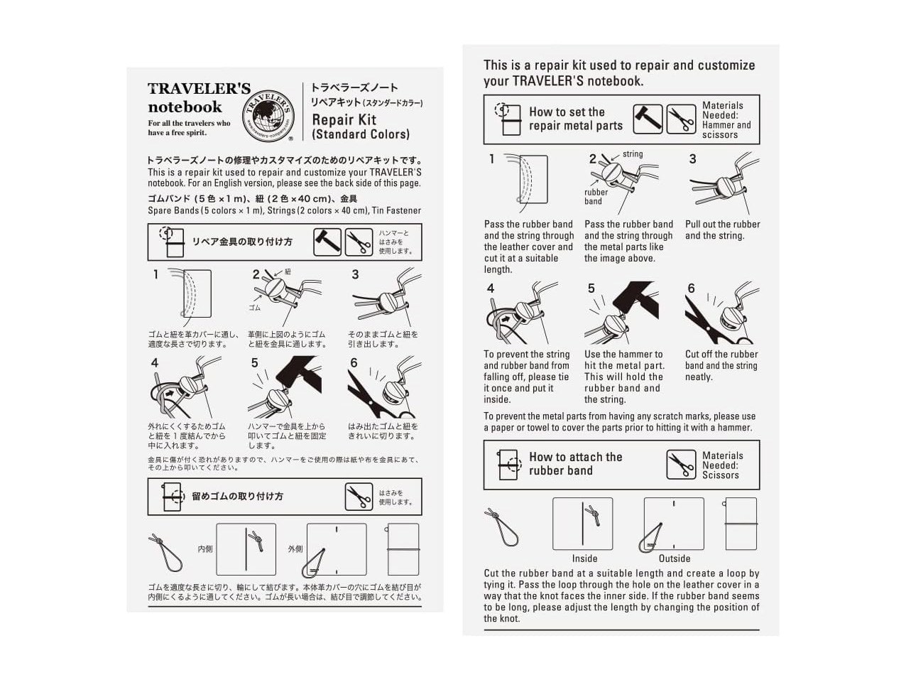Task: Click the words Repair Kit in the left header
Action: pyautogui.click(x=344, y=119)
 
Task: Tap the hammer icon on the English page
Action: pyautogui.click(x=648, y=119)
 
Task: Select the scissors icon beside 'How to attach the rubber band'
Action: pyautogui.click(x=681, y=465)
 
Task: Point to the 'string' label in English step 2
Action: pyautogui.click(x=633, y=154)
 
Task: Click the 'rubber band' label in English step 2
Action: pyautogui.click(x=596, y=197)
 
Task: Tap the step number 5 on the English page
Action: pyautogui.click(x=591, y=288)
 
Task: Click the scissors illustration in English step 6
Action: pyautogui.click(x=706, y=323)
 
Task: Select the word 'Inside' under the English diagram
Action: pyautogui.click(x=584, y=558)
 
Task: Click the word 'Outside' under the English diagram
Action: pyautogui.click(x=674, y=558)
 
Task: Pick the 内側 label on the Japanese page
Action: pyautogui.click(x=205, y=549)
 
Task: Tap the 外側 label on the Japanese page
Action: pyautogui.click(x=295, y=549)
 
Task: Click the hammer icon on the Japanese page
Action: pyautogui.click(x=327, y=242)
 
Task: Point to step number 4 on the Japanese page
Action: pyautogui.click(x=155, y=363)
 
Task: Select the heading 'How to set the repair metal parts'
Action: pyautogui.click(x=575, y=119)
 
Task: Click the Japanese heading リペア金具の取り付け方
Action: pyautogui.click(x=242, y=242)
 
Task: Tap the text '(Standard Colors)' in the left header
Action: pyautogui.click(x=361, y=134)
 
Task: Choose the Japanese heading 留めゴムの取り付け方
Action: pyautogui.click(x=237, y=496)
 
